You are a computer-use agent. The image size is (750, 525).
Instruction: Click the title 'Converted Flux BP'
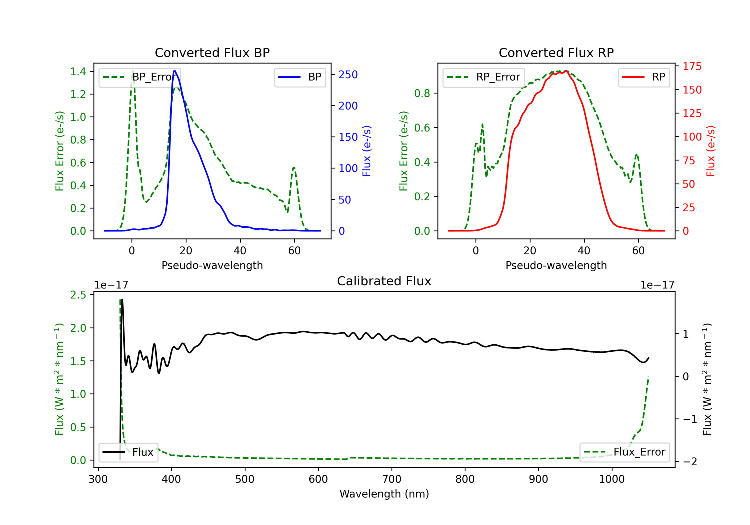tap(212, 52)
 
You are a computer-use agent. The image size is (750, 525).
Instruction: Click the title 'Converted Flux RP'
tap(556, 52)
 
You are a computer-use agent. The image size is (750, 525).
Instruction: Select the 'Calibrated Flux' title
tap(384, 281)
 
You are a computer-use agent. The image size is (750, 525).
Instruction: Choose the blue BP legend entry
tap(300, 77)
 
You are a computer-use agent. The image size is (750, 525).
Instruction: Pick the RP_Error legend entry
tap(483, 77)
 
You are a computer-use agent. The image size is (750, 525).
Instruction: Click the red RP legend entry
tap(644, 77)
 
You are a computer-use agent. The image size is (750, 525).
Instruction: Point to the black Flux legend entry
tap(128, 452)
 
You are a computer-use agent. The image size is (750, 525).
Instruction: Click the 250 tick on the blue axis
tap(348, 74)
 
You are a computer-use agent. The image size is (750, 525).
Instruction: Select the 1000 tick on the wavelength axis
tap(611, 479)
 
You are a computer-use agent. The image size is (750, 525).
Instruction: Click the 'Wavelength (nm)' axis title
tap(384, 494)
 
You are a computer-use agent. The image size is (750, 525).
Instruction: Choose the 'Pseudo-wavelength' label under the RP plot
tap(556, 265)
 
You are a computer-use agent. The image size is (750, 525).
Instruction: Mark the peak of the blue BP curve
tap(175, 71)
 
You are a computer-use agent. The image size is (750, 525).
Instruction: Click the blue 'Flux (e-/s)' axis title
tap(367, 151)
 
